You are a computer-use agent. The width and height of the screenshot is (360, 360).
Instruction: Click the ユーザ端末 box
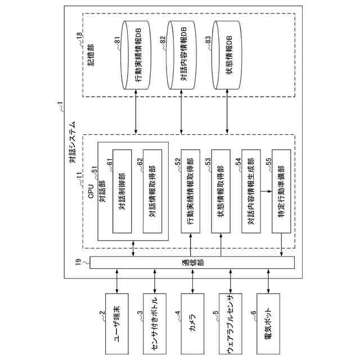click(117, 323)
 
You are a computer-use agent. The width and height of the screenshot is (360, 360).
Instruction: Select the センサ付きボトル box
click(155, 323)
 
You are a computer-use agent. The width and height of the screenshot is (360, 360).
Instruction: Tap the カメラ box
click(192, 323)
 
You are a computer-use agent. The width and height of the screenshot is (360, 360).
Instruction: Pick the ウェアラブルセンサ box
click(231, 323)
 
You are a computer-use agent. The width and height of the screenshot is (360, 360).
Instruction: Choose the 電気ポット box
click(268, 323)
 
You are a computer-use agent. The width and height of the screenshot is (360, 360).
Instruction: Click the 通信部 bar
click(192, 263)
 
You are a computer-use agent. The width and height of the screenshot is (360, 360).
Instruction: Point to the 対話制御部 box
click(122, 191)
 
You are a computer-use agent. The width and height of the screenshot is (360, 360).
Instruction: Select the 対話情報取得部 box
click(152, 191)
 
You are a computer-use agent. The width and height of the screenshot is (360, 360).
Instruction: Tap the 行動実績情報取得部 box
click(191, 191)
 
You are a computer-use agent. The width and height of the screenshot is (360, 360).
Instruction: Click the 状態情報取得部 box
click(221, 191)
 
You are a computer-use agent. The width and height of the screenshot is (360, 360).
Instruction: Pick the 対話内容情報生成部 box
click(251, 191)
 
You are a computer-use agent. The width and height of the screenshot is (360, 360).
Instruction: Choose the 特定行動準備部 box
click(281, 191)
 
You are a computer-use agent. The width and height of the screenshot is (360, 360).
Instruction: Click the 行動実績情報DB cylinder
click(136, 55)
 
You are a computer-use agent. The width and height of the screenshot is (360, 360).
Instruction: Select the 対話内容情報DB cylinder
click(182, 55)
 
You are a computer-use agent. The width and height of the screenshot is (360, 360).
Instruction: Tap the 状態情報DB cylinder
click(227, 55)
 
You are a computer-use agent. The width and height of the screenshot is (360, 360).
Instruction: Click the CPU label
click(91, 191)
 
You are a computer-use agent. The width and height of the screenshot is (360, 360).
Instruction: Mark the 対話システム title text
click(73, 142)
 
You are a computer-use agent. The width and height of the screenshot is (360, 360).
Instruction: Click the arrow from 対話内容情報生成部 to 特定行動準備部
click(266, 191)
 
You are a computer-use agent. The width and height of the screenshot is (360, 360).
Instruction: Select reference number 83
click(208, 39)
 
